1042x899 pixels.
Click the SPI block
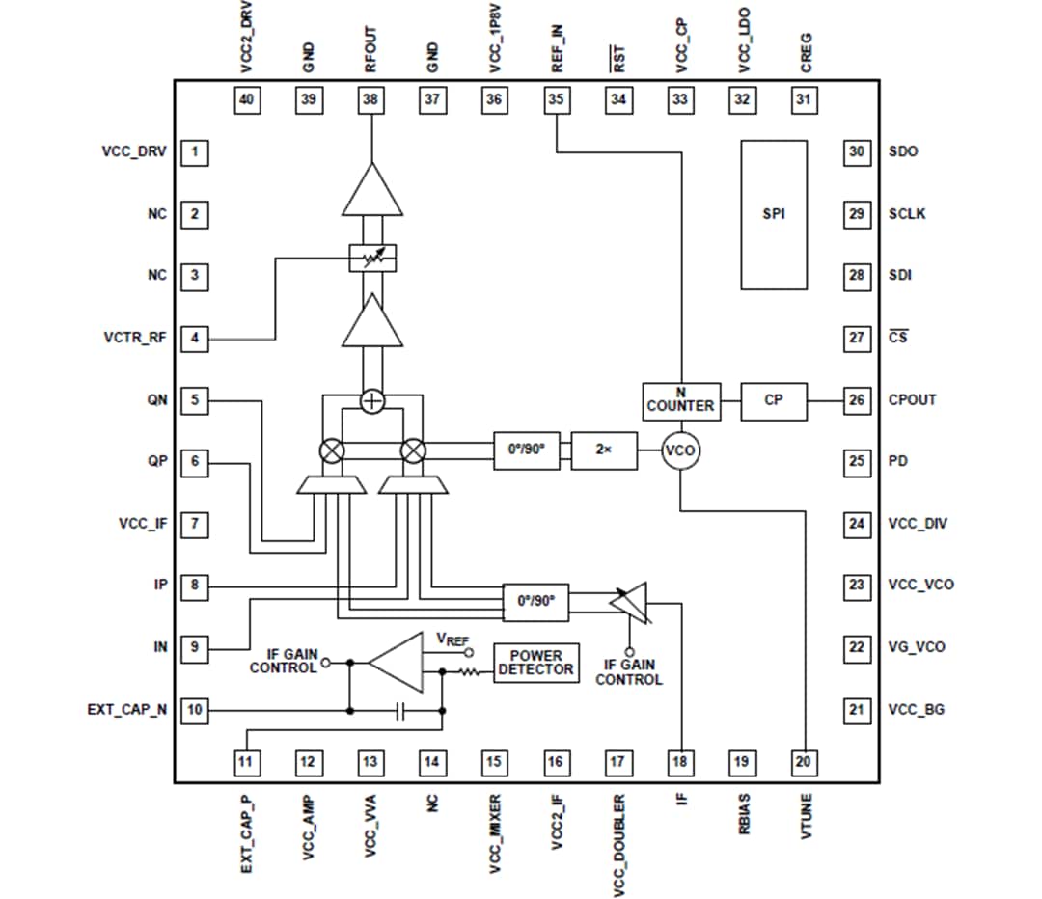pos(773,214)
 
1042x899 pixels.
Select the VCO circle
pos(680,450)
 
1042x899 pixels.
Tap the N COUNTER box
pos(680,399)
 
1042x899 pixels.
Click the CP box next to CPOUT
pos(773,400)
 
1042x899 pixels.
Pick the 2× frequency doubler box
pos(603,450)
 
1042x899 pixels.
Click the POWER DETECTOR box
pos(535,663)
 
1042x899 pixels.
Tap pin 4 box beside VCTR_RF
pos(195,339)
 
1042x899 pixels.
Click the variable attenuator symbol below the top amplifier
pos(371,258)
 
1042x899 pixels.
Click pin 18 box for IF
pos(680,762)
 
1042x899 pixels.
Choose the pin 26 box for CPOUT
pos(857,400)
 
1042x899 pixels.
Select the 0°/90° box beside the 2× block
pos(526,450)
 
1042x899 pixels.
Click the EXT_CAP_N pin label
pos(126,710)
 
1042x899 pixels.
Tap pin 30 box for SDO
pos(857,151)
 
